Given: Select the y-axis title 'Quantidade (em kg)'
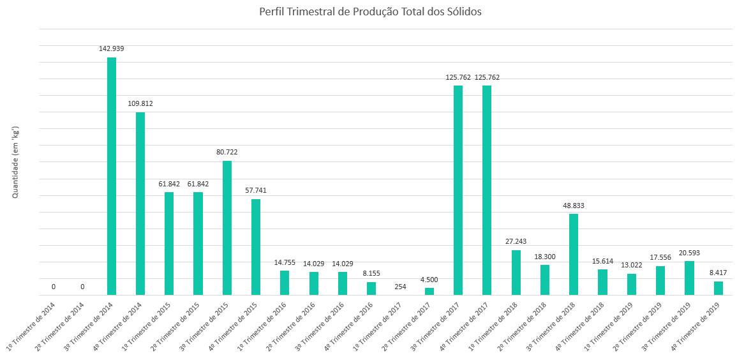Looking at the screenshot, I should [15, 161].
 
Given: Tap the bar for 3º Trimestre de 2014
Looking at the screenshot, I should [112, 176].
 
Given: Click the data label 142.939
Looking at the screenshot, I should [112, 49].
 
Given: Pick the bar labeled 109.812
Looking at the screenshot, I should [140, 204].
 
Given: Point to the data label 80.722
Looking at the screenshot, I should [227, 152].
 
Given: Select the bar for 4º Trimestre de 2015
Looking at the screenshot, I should [256, 247].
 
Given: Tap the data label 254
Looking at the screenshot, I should [400, 287].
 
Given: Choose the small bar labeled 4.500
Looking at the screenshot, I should [429, 291].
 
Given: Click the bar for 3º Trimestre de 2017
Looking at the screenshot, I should [458, 190].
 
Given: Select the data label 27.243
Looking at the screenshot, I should [516, 241].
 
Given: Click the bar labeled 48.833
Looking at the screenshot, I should [574, 254].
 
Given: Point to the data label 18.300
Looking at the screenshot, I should [545, 257].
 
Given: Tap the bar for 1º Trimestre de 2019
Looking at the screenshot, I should [631, 284].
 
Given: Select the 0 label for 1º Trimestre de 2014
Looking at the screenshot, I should [54, 287].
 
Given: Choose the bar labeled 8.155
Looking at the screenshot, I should [371, 289].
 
